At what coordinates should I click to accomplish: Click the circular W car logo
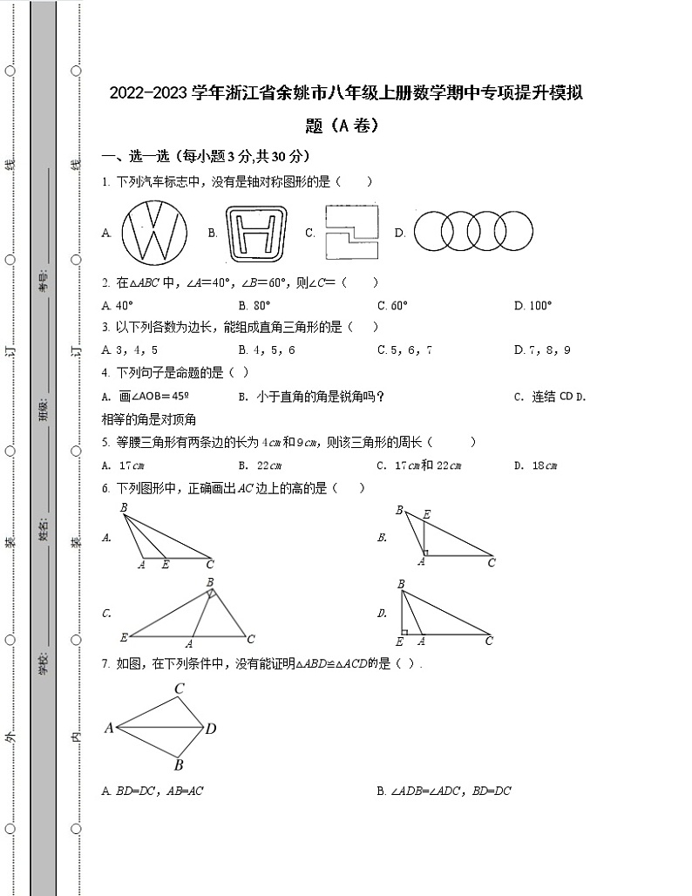154,233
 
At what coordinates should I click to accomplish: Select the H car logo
257,234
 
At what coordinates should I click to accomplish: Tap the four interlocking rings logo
472,233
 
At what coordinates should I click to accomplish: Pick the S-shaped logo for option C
351,233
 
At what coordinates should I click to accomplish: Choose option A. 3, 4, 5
130,350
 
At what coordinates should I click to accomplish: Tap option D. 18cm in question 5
534,465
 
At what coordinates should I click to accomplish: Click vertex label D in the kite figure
211,729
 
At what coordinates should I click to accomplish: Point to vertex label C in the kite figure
179,689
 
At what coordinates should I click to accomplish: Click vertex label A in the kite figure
109,728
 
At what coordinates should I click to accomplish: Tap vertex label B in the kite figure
178,765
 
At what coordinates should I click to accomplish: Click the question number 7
105,664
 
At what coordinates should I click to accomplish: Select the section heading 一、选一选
136,157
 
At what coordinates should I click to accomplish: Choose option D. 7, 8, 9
542,350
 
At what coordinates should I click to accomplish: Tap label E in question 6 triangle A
166,565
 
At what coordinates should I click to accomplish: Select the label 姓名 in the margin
43,529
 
